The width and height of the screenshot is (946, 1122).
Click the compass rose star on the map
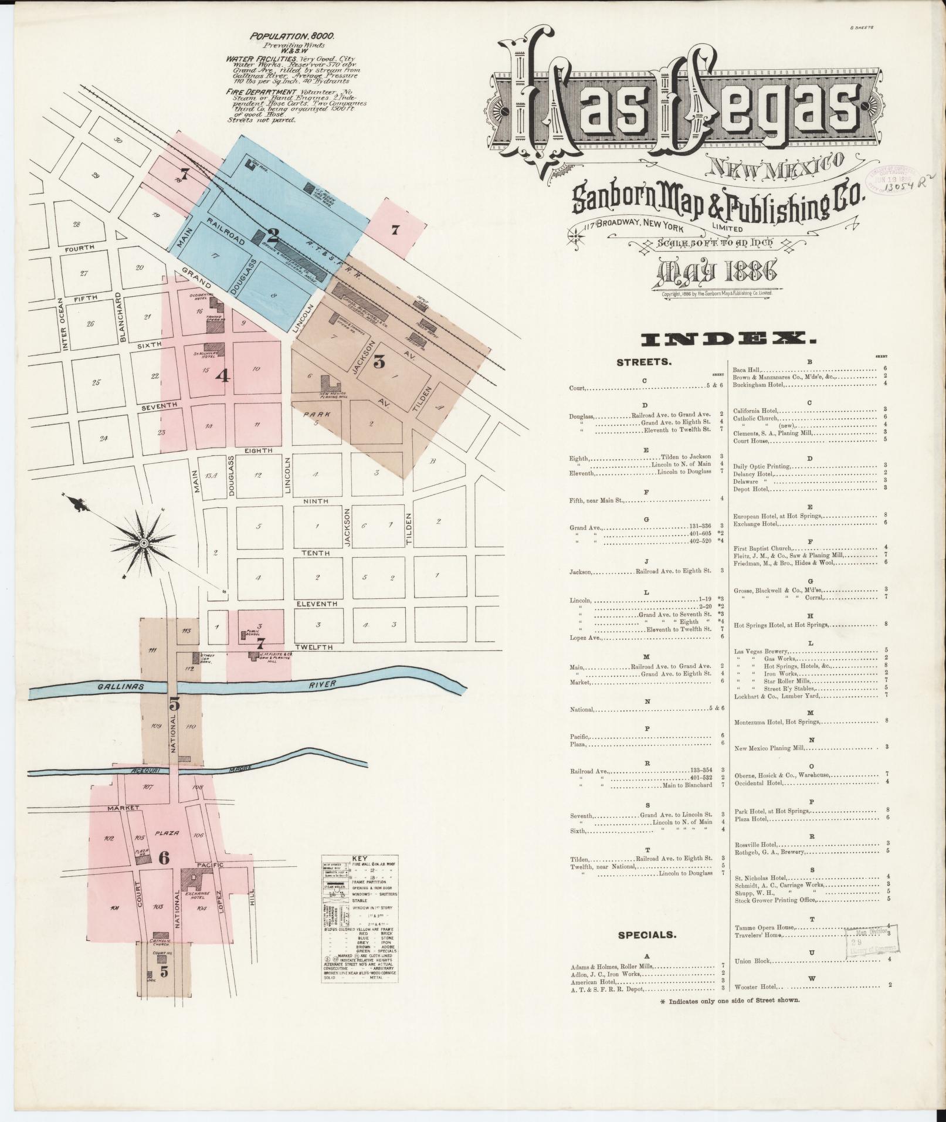(x=144, y=544)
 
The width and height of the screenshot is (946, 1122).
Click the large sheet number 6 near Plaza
(x=164, y=858)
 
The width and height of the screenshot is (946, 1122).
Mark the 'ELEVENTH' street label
(x=317, y=604)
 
